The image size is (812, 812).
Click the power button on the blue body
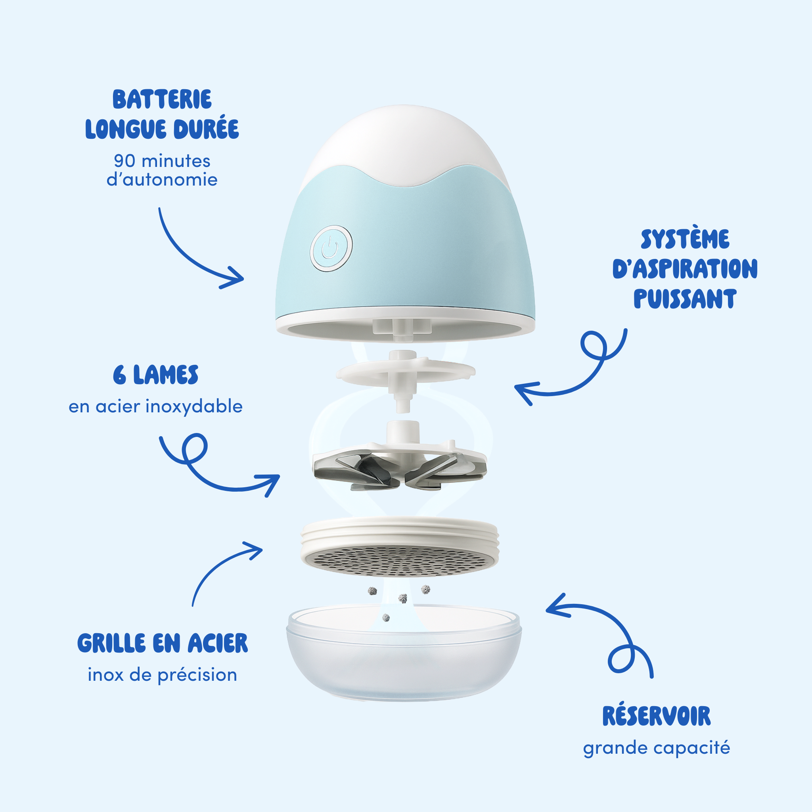tap(331, 248)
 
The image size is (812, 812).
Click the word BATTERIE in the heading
tap(162, 100)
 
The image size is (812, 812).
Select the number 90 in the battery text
tap(124, 161)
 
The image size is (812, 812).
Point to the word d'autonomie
tap(162, 180)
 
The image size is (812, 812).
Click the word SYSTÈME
tap(685, 239)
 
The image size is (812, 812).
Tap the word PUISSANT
tap(685, 299)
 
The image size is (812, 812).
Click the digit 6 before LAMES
tap(119, 375)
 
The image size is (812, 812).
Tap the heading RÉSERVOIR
tap(656, 716)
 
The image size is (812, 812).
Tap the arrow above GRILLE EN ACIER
tap(218, 567)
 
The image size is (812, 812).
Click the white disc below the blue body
tap(406, 372)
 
